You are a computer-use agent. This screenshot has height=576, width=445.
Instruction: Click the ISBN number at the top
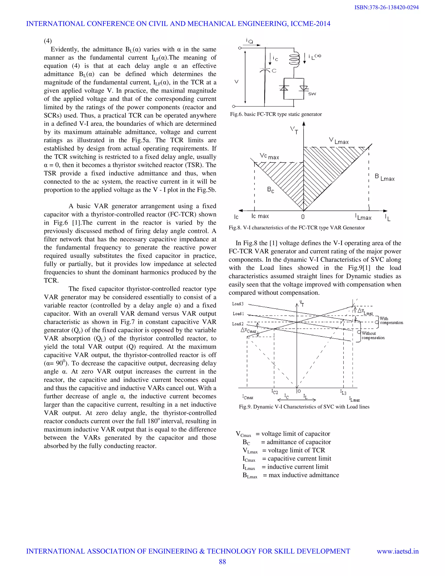click(387, 7)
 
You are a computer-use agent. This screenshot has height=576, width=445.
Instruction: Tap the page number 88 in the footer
click(222, 561)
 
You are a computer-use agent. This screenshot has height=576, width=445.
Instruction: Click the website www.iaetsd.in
click(398, 551)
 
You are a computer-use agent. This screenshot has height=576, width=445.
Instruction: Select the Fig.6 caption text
click(276, 114)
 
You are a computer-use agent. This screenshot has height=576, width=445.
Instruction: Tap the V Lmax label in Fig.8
click(339, 141)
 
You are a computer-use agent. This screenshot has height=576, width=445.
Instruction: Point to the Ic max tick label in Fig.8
click(260, 216)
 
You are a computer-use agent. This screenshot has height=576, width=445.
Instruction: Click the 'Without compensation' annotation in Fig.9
click(373, 335)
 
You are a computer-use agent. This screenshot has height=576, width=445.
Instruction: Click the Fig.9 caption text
click(304, 407)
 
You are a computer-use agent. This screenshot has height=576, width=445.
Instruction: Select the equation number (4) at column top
click(48, 41)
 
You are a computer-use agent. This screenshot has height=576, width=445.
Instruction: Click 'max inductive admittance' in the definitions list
click(303, 475)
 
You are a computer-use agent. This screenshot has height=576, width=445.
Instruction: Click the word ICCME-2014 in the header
click(310, 24)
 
